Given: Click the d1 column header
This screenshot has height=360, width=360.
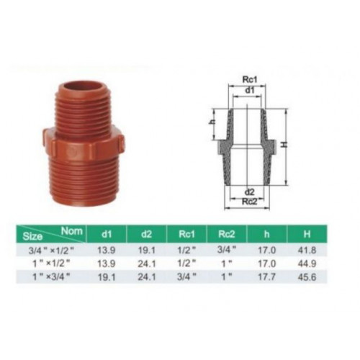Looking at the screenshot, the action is pos(107,234).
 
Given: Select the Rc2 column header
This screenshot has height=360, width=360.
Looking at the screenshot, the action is pos(226,234).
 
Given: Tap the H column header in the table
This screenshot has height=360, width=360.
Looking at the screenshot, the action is pos(307,234).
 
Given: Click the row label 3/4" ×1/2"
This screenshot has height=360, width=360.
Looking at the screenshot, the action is pos(50,251).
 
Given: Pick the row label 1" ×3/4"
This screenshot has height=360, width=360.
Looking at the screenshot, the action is pos(51,277).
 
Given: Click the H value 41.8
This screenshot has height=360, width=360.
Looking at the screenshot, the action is pos(307,251).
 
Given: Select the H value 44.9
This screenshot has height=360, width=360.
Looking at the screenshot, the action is pos(307,264).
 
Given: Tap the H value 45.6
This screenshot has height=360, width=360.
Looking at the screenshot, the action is pos(307,277).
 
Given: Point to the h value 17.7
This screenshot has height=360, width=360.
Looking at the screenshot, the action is pos(266,277).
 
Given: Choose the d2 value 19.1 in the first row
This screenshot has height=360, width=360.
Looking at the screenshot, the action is pos(147,251).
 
